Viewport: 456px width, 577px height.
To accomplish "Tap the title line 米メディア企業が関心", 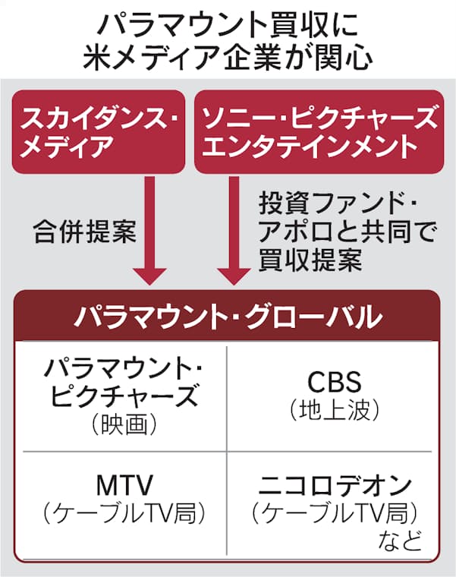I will pyautogui.click(x=227, y=57).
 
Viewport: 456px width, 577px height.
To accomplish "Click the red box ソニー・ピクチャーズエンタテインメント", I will pyautogui.click(x=318, y=131).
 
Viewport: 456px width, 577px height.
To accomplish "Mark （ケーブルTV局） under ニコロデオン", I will pyautogui.click(x=335, y=514).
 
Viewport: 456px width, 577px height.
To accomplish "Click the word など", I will pyautogui.click(x=397, y=543).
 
